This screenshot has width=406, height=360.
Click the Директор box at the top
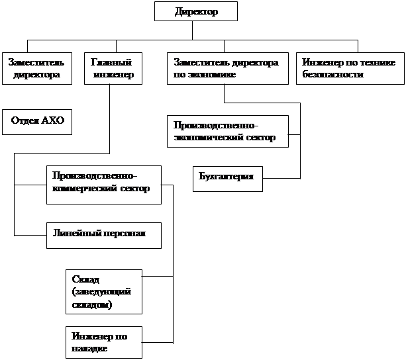click(195, 12)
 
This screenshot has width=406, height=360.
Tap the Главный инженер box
click(113, 68)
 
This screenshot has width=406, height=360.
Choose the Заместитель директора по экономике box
click(225, 68)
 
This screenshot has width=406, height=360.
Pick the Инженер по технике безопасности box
click(350, 68)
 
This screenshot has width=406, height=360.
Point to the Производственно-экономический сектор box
click(228, 132)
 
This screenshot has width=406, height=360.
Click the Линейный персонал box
click(104, 235)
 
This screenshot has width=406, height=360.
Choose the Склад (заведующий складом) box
click(104, 291)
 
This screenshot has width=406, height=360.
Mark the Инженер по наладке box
click(104, 341)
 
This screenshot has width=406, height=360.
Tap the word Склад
click(85, 279)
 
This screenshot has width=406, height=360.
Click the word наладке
click(89, 347)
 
